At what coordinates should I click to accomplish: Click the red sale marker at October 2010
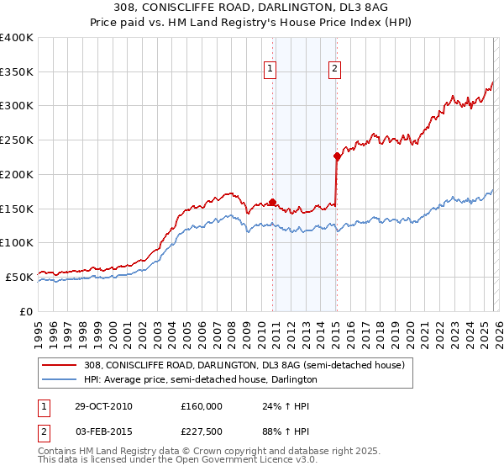click(273, 201)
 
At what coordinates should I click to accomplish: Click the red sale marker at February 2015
click(337, 156)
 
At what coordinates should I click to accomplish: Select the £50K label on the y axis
click(20, 277)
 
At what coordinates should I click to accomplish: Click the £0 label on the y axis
click(27, 311)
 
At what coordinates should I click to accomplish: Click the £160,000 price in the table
click(202, 406)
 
